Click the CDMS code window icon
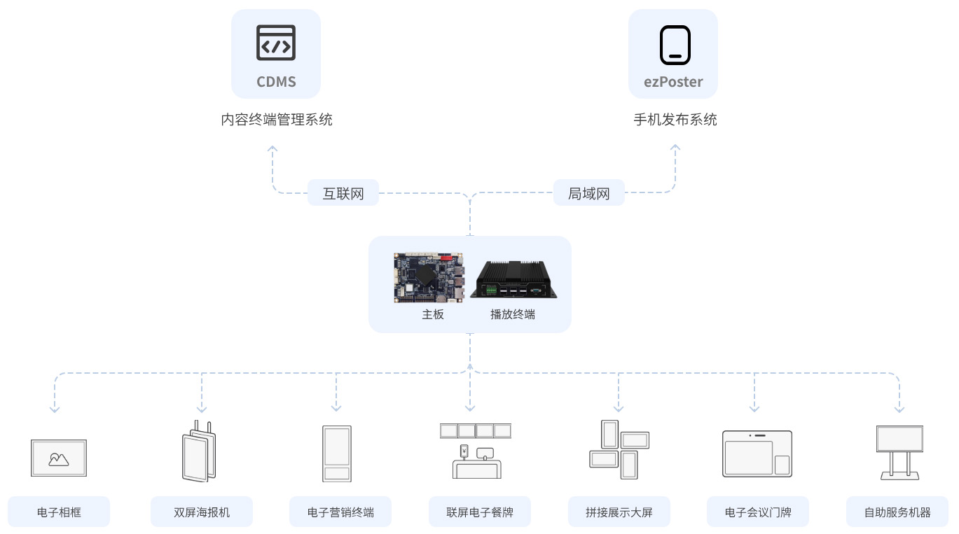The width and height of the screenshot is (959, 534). [x=276, y=43]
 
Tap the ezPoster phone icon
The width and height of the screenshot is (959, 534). [x=675, y=45]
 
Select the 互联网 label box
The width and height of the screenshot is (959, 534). [x=343, y=193]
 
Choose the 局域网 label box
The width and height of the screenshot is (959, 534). [x=588, y=193]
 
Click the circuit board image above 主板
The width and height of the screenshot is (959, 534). [x=429, y=278]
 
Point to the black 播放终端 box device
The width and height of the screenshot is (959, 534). [x=513, y=279]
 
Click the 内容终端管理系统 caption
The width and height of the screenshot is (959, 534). [x=277, y=120]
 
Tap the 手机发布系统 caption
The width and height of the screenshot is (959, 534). [x=675, y=120]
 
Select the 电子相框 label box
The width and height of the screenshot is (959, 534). [x=59, y=512]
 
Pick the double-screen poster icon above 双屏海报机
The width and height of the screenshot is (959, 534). [x=199, y=451]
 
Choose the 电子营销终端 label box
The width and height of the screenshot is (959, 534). [x=340, y=512]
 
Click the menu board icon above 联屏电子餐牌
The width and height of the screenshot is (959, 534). [x=476, y=451]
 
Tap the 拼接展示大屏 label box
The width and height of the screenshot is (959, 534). [x=619, y=512]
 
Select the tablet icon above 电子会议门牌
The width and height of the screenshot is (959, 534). [x=757, y=454]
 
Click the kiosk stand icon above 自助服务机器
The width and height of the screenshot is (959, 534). [x=899, y=453]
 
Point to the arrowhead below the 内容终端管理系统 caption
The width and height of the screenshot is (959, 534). [x=272, y=148]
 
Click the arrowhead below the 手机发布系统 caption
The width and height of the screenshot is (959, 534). [x=675, y=148]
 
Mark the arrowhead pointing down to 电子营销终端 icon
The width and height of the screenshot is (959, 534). [x=336, y=408]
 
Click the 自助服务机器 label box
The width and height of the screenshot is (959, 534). [x=897, y=512]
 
